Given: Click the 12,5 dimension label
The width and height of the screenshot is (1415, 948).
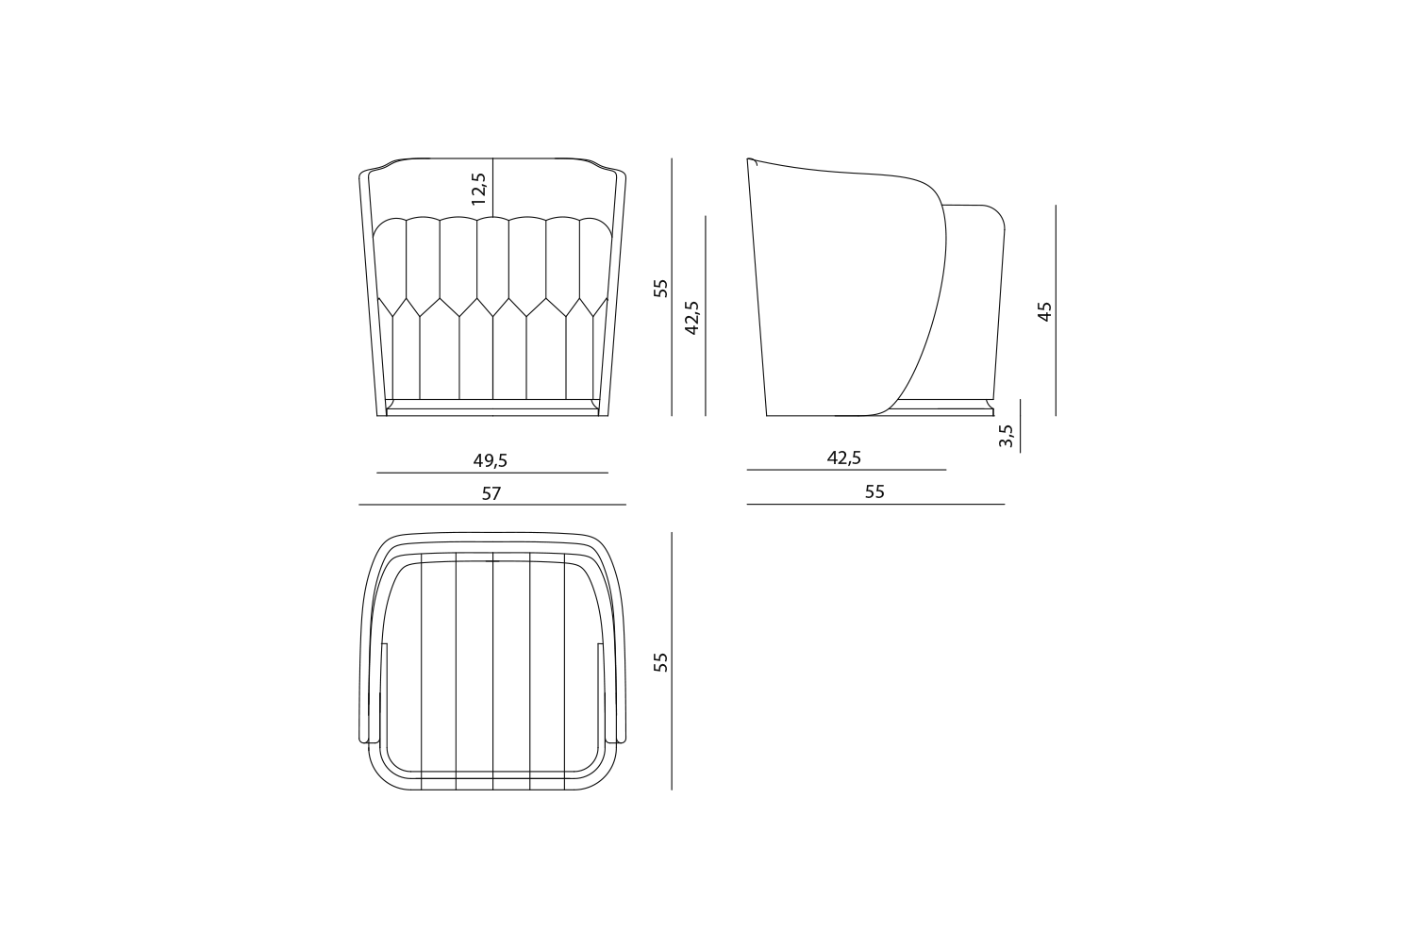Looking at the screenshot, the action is pos(479,189).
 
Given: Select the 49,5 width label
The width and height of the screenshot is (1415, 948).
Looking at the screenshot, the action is pos(491,461).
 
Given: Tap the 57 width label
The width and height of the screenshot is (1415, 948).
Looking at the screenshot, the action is pos(491,494).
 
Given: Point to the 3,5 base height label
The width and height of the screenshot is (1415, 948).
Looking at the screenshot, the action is pos(1007,435).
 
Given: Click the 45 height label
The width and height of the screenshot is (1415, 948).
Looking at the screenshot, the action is pos(1045,311).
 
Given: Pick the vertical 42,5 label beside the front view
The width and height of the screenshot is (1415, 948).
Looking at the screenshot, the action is pos(692,317).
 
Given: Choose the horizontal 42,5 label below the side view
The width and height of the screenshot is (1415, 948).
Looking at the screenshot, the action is pos(844,457).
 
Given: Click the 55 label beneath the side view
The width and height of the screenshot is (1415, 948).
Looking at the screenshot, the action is pos(874,491).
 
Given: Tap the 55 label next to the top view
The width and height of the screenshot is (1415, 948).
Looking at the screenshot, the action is pos(660,662).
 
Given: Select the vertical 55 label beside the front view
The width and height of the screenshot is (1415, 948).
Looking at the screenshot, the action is pos(660,289).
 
